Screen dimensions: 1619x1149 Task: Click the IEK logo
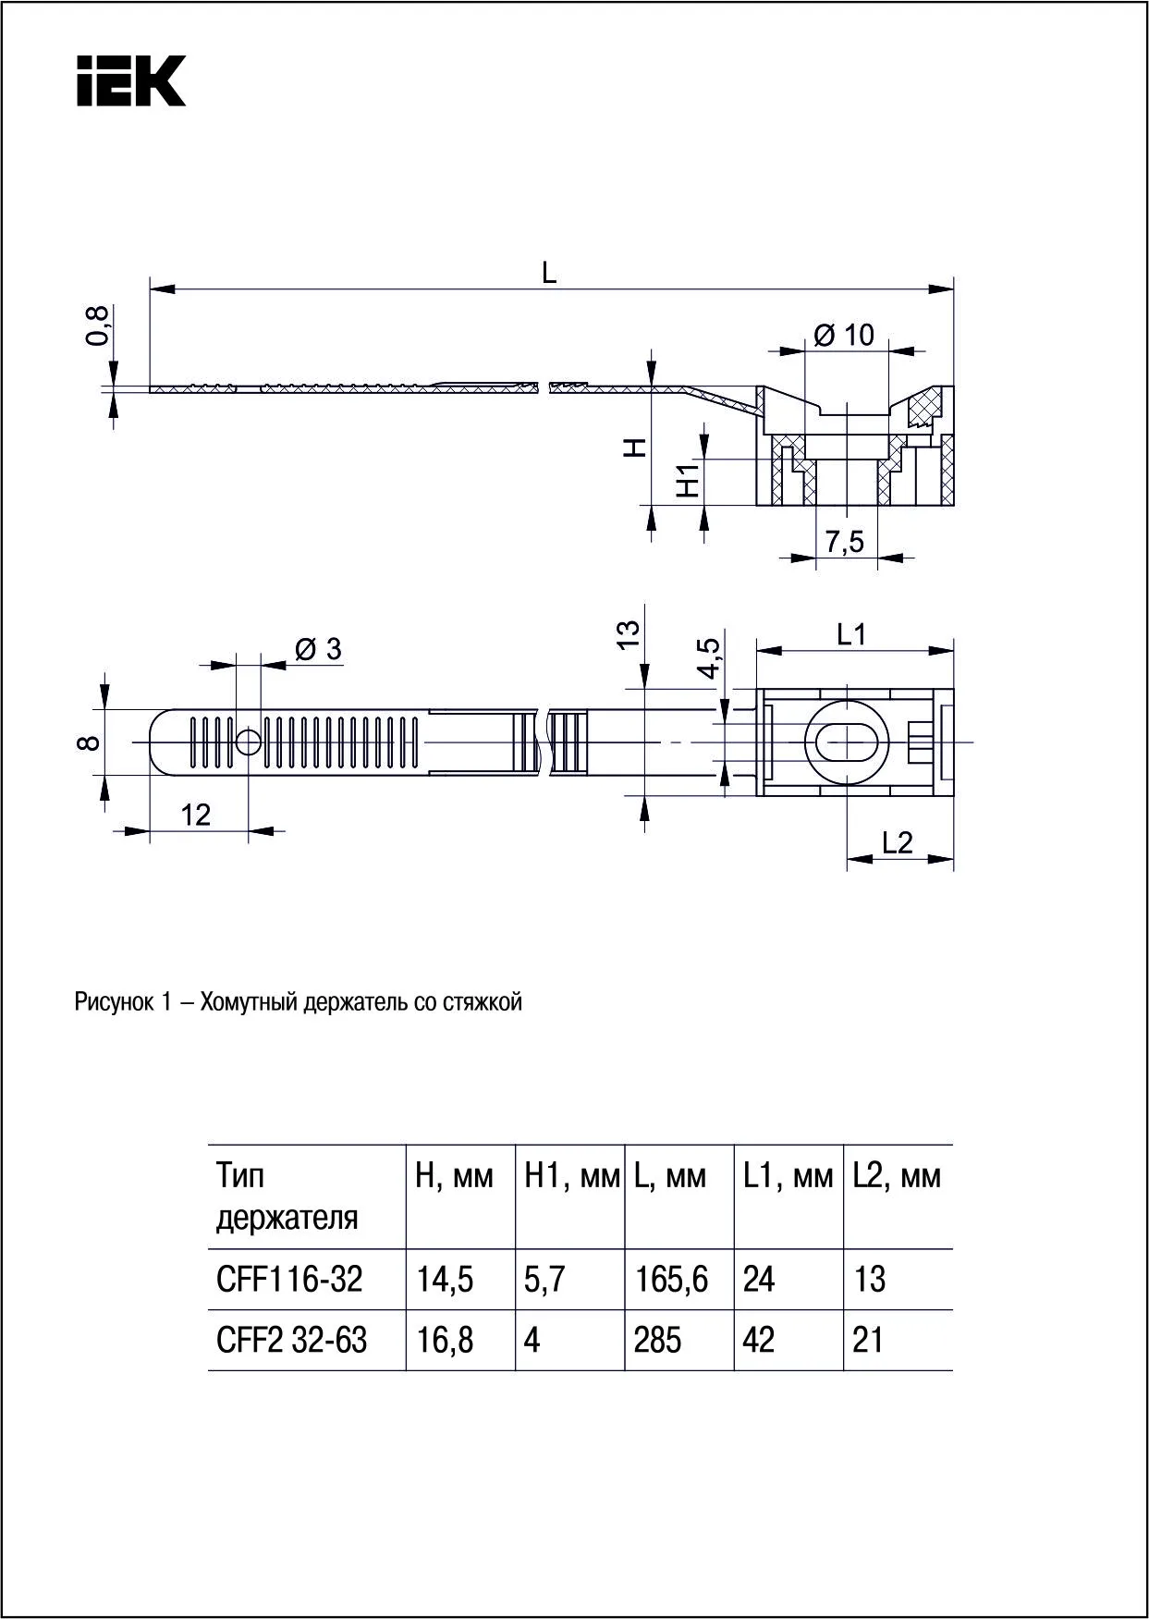point(130,80)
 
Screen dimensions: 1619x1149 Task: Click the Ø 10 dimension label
point(844,334)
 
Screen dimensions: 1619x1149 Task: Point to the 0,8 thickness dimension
point(98,325)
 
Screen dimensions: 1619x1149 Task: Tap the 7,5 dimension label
point(845,542)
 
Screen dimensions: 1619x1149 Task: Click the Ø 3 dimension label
point(318,649)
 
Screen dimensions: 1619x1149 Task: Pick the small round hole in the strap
point(249,742)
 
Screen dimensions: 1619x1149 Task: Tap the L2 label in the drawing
point(897,842)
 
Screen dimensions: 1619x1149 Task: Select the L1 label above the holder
point(851,634)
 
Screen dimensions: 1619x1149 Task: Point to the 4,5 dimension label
point(709,657)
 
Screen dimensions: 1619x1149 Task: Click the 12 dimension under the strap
point(195,815)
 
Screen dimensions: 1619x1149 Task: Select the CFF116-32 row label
point(289,1280)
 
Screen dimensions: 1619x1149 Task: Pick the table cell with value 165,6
point(671,1280)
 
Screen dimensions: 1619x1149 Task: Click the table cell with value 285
point(657,1340)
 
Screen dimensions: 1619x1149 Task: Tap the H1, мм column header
point(571,1176)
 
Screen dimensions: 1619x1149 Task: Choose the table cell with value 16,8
point(445,1340)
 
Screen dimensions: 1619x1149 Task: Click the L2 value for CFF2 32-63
point(868,1340)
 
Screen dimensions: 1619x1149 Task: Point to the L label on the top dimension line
point(549,273)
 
